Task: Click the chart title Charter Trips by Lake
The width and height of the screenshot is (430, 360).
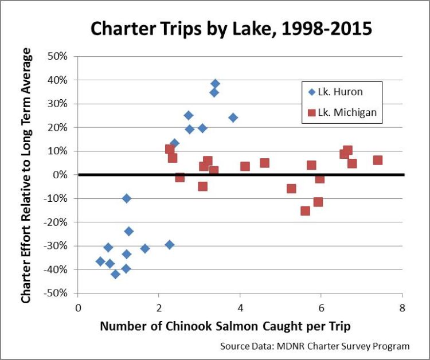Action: (215, 28)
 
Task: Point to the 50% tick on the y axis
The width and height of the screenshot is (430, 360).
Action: (59, 56)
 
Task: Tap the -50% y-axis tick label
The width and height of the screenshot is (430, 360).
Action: (57, 293)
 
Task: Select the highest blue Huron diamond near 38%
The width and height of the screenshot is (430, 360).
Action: (215, 84)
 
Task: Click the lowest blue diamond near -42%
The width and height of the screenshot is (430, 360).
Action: (115, 274)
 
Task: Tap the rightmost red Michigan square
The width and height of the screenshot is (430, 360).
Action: (377, 161)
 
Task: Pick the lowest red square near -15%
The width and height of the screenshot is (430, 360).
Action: (305, 210)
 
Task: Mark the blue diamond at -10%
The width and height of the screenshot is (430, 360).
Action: (127, 198)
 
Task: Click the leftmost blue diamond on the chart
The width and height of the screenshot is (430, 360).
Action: (100, 261)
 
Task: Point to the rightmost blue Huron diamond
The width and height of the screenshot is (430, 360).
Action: (233, 118)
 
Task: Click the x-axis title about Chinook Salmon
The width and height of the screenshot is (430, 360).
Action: (225, 326)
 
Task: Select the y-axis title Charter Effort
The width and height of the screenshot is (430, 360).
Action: (26, 175)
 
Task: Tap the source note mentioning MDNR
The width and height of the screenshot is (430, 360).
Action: (315, 346)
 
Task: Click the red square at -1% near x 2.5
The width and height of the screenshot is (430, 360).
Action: (179, 177)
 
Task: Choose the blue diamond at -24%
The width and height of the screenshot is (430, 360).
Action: (129, 231)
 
